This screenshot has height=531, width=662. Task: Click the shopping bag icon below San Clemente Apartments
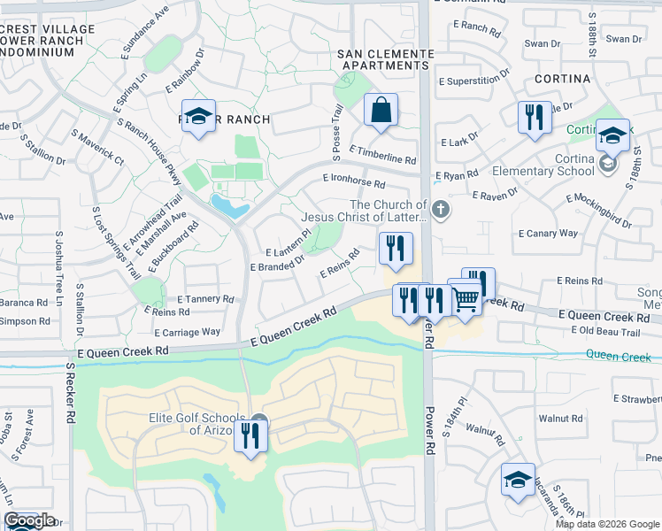[381, 112]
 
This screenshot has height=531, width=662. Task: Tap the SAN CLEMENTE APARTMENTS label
[386, 59]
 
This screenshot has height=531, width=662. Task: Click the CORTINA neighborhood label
[563, 79]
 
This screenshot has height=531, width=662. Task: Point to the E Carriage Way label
[187, 332]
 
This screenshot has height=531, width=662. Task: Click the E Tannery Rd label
[205, 299]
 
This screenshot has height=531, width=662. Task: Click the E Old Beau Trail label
[604, 332]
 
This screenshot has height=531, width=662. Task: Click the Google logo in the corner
[29, 520]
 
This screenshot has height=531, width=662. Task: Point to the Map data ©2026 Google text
[607, 524]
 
